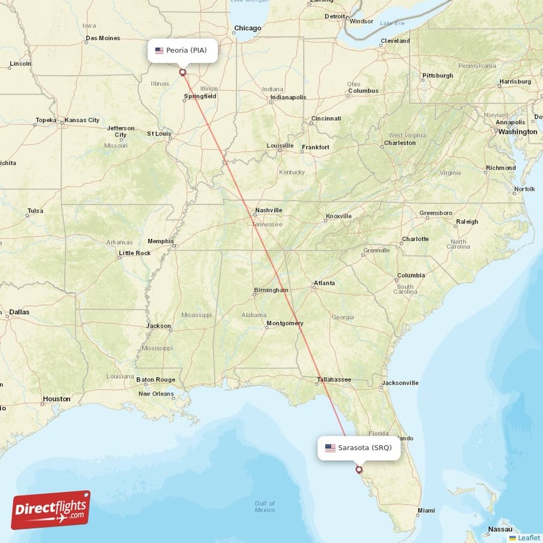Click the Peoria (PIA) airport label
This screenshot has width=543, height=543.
tap(183, 50)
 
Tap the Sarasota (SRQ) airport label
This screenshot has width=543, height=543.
tap(358, 447)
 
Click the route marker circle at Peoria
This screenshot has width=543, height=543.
tap(182, 72)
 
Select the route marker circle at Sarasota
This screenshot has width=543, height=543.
tap(359, 469)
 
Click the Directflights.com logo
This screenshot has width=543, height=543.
tap(51, 510)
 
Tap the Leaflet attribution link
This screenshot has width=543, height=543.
tap(529, 538)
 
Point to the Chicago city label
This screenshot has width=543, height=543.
tap(247, 29)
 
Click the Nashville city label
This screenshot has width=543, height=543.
tap(268, 210)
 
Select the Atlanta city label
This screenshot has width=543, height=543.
tap(324, 283)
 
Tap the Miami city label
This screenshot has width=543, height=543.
tap(427, 510)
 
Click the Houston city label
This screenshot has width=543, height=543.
tap(56, 399)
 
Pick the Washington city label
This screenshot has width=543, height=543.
tap(517, 132)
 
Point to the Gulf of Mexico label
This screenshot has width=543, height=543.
tap(265, 506)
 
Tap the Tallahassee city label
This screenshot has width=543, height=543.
tap(334, 379)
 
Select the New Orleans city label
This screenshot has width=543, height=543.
tap(157, 394)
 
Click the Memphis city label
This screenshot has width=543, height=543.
tap(160, 241)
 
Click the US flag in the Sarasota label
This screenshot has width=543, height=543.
tap(331, 447)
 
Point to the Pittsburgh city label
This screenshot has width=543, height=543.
tap(438, 75)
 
